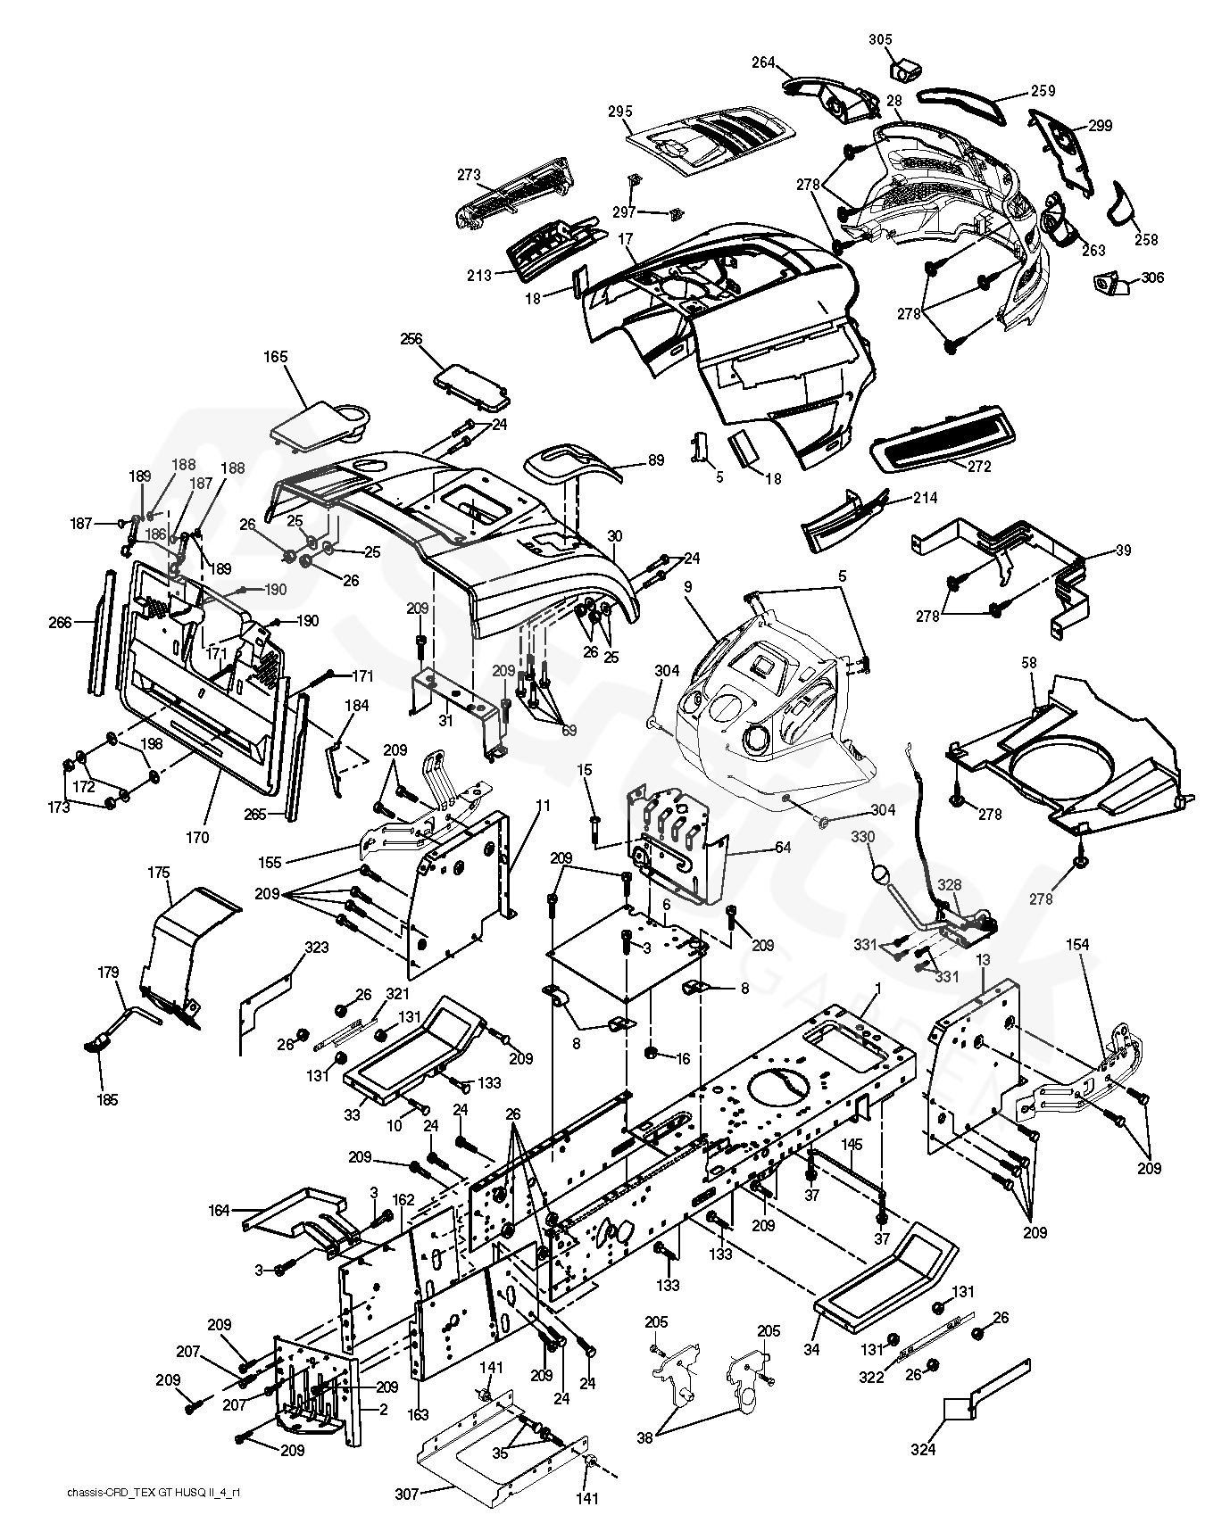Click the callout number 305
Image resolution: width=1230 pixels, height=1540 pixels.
click(880, 39)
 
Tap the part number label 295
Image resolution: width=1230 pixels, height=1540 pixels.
click(620, 112)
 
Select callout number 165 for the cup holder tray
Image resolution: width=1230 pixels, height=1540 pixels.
click(276, 357)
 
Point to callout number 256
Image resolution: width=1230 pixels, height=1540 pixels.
click(411, 339)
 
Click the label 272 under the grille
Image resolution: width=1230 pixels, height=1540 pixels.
click(978, 466)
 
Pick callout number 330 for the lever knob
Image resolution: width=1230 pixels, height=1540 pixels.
click(863, 837)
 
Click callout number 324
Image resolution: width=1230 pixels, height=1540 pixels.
click(923, 1450)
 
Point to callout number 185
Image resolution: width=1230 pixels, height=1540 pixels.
click(106, 1100)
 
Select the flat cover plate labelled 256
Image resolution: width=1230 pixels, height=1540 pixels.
click(470, 377)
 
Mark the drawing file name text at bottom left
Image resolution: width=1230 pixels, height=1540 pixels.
click(153, 1519)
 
